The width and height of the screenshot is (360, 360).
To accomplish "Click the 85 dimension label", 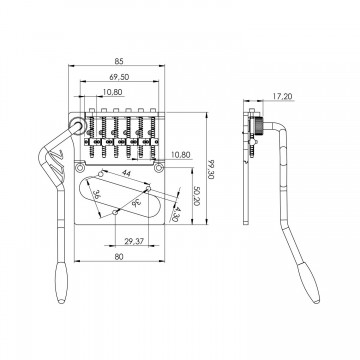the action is tap(119, 61).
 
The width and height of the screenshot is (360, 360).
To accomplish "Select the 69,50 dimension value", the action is tap(119, 77).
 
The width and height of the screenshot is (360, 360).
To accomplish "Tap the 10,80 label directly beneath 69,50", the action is tap(113, 92).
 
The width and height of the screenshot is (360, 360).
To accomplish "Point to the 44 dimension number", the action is tap(126, 173).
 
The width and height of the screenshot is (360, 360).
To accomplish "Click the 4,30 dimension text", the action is tap(175, 214).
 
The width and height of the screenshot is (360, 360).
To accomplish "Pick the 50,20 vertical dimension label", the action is tap(196, 196).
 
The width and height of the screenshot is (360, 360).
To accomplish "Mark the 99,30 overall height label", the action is tap(211, 169).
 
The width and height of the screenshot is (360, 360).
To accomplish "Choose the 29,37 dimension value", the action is tap(134, 241).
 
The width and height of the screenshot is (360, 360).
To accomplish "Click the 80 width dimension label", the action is tap(119, 257).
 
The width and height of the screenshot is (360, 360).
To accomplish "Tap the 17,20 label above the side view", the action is tap(282, 96).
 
